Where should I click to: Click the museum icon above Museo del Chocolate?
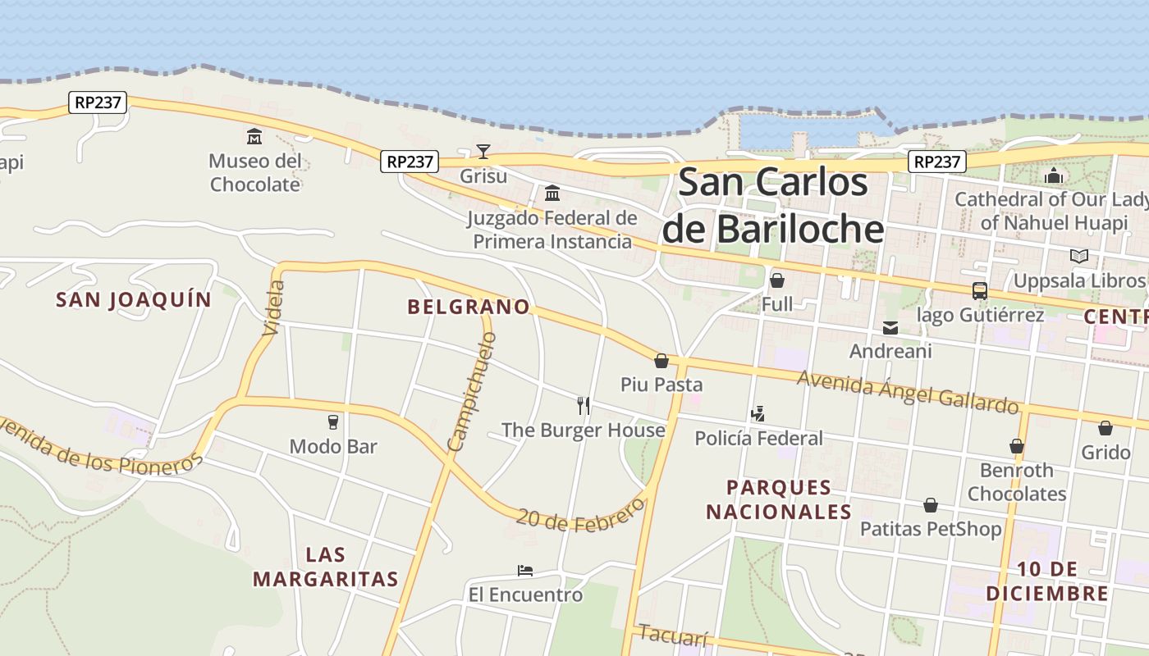254,136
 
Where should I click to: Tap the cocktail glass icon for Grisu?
483,152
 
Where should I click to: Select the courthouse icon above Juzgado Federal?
552,194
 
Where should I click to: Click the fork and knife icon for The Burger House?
584,405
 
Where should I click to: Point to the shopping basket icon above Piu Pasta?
661,361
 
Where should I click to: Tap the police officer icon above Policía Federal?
758,414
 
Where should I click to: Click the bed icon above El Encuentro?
525,571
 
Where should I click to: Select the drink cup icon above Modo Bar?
333,422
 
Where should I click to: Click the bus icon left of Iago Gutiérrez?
979,291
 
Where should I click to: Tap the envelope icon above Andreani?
890,328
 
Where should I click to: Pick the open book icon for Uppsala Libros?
1079,257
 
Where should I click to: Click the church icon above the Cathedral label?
1054,175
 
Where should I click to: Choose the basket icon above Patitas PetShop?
931,505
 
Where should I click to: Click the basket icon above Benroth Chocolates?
1017,446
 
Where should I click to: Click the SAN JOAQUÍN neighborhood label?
134,300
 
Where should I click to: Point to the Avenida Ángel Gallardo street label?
908,392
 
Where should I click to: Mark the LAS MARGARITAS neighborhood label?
325,567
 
